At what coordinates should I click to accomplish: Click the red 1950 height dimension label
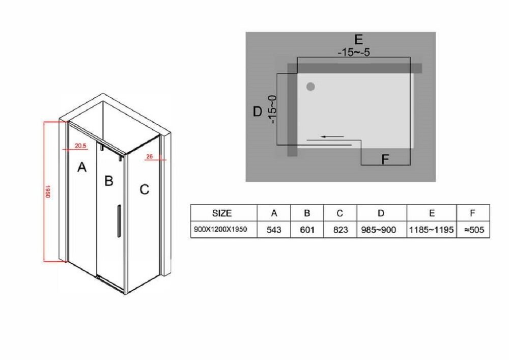pyautogui.click(x=48, y=191)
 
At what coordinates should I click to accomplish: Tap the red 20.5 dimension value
pyautogui.click(x=80, y=146)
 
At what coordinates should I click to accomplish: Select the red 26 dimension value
pyautogui.click(x=149, y=156)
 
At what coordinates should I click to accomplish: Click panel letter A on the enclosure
pyautogui.click(x=82, y=167)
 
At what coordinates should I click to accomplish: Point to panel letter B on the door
pyautogui.click(x=109, y=180)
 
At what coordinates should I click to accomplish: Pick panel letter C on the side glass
pyautogui.click(x=145, y=189)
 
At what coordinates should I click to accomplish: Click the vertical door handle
pyautogui.click(x=119, y=221)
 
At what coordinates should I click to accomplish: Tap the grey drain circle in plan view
pyautogui.click(x=310, y=87)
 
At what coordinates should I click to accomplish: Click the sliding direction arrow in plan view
pyautogui.click(x=332, y=136)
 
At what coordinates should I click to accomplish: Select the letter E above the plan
pyautogui.click(x=358, y=39)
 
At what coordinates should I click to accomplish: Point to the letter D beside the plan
pyautogui.click(x=258, y=112)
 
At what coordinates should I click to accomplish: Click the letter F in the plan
pyautogui.click(x=385, y=159)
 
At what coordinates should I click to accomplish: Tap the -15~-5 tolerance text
pyautogui.click(x=354, y=52)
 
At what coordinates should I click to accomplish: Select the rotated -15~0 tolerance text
pyautogui.click(x=272, y=109)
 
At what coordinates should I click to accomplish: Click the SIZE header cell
pyautogui.click(x=222, y=213)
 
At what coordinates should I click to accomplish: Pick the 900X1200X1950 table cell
pyautogui.click(x=220, y=229)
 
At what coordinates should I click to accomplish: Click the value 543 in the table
pyautogui.click(x=274, y=230)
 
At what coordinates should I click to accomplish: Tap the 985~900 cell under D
pyautogui.click(x=379, y=230)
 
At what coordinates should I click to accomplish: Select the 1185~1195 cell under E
pyautogui.click(x=432, y=230)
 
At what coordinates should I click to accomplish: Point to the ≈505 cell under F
pyautogui.click(x=474, y=230)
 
